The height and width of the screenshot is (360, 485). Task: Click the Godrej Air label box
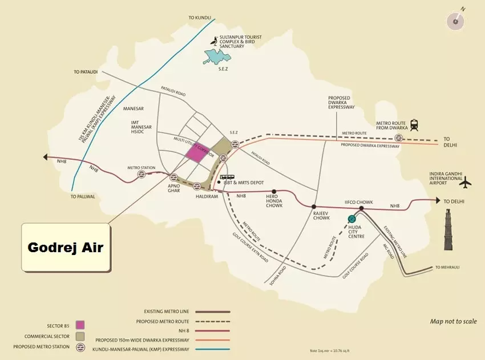(66, 248)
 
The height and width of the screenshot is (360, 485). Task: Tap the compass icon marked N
(456, 21)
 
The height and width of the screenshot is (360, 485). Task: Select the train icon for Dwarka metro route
(413, 125)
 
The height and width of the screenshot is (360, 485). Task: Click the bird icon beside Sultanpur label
(214, 41)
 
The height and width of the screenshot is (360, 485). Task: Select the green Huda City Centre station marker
(352, 219)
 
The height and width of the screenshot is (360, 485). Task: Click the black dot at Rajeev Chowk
(314, 206)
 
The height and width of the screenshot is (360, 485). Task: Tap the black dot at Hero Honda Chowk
(274, 192)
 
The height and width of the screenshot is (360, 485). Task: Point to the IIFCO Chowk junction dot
(362, 208)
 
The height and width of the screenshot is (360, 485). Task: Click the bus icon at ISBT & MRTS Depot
(227, 177)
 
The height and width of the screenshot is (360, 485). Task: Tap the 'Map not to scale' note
(453, 322)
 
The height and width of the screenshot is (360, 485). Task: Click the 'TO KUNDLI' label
(200, 18)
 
